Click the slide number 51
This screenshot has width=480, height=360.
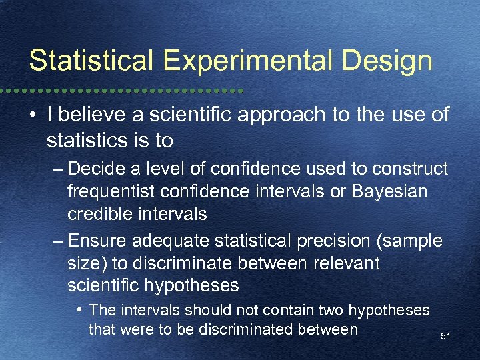coord(445,337)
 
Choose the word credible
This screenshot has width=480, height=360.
coord(97,215)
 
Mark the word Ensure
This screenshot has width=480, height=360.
coord(93,239)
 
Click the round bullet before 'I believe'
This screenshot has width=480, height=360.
coord(33,115)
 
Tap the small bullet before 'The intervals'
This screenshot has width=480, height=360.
coord(79,310)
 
